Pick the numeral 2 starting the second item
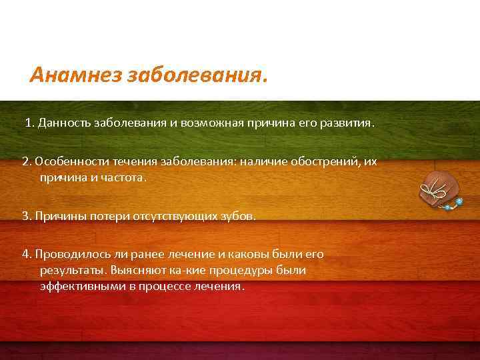tap(25, 162)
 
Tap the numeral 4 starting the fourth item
tap(25, 254)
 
